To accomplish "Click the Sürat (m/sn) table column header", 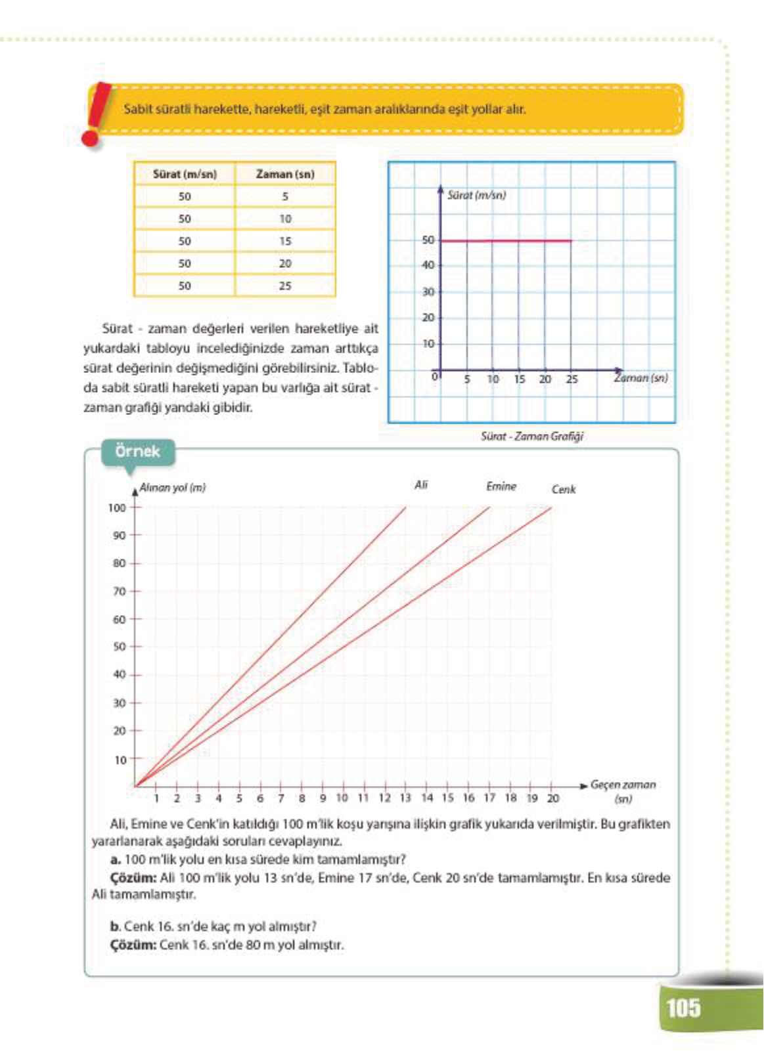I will click(x=185, y=174).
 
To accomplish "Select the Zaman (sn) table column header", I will click(x=285, y=174).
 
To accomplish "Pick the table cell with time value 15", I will click(x=285, y=241).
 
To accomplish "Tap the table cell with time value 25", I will click(x=285, y=286).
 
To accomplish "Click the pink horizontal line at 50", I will click(x=506, y=241).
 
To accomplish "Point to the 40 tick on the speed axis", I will click(x=428, y=265).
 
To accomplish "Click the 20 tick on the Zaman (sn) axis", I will click(x=545, y=379).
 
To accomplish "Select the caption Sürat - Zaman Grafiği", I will click(x=531, y=436).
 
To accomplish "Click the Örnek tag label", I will click(x=137, y=452).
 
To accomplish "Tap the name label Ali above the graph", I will click(x=421, y=485).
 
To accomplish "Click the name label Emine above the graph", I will click(x=501, y=487).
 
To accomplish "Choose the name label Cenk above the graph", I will click(x=564, y=489).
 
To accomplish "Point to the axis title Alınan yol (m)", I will click(x=172, y=488).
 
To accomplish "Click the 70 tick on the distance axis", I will click(x=119, y=592).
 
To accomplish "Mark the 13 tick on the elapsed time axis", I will click(x=405, y=798).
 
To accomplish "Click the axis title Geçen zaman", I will click(x=623, y=785).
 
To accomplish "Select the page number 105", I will click(x=683, y=1008).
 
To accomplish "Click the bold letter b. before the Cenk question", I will click(x=115, y=926).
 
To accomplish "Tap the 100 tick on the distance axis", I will click(x=117, y=508).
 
